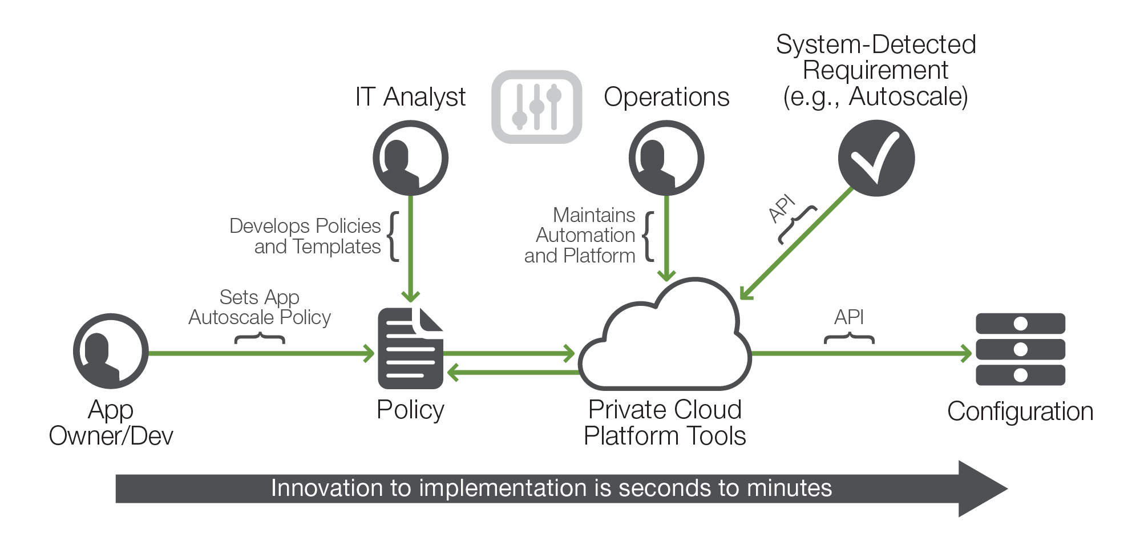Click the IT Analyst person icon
pyautogui.click(x=410, y=158)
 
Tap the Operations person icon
pyautogui.click(x=666, y=158)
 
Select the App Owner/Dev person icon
pyautogui.click(x=111, y=351)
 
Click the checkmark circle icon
pyautogui.click(x=876, y=158)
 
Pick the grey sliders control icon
pyautogui.click(x=537, y=107)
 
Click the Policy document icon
pyautogui.click(x=411, y=348)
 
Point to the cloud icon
pyautogui.click(x=665, y=337)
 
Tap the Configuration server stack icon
pyautogui.click(x=1020, y=349)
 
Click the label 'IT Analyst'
pyautogui.click(x=410, y=96)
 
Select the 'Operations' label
pyautogui.click(x=666, y=97)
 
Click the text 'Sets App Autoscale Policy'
pyautogui.click(x=260, y=308)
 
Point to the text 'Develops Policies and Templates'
pyautogui.click(x=305, y=236)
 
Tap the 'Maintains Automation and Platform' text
pyautogui.click(x=580, y=235)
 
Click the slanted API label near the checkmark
pyautogui.click(x=782, y=208)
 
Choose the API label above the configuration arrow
pyautogui.click(x=849, y=317)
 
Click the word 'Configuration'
pyautogui.click(x=1020, y=411)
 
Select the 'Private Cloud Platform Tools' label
pyautogui.click(x=665, y=423)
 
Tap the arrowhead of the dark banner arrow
pyautogui.click(x=983, y=489)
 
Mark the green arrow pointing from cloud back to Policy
pyautogui.click(x=513, y=373)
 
